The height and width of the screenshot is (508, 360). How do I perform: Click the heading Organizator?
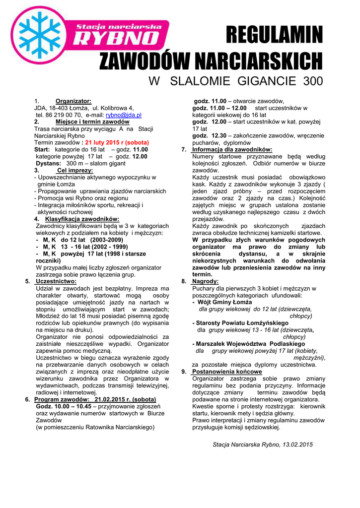(x=73, y=101)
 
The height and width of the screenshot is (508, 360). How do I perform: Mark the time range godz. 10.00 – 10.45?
(x=64, y=406)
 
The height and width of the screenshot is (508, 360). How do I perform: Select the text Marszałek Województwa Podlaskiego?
(x=251, y=344)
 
